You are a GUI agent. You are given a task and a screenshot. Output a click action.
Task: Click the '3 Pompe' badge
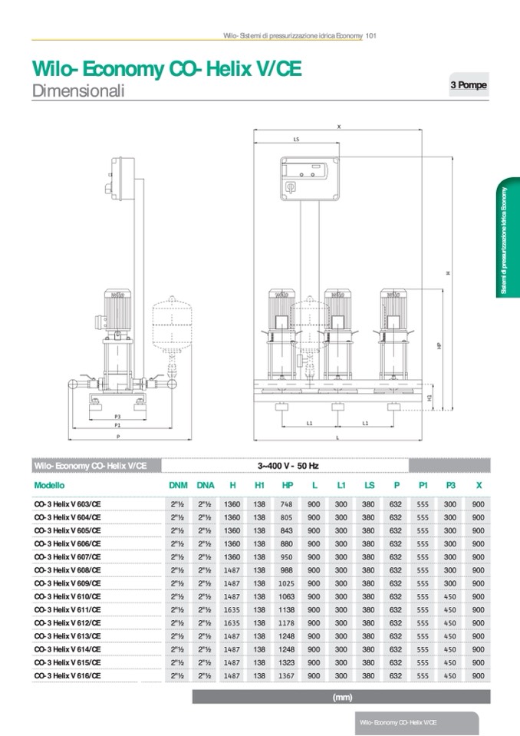pyautogui.click(x=468, y=85)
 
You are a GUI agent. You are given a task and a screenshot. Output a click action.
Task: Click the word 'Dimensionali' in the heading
pyautogui.click(x=78, y=91)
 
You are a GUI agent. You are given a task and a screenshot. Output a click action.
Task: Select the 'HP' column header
pyautogui.click(x=287, y=485)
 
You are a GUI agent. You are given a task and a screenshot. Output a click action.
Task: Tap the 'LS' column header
pyautogui.click(x=369, y=485)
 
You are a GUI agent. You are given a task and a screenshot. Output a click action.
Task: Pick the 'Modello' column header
pyautogui.click(x=50, y=485)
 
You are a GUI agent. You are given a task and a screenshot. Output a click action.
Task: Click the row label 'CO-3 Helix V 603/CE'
pyautogui.click(x=67, y=504)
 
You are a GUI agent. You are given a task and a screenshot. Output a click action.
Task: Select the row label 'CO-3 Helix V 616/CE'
pyautogui.click(x=67, y=675)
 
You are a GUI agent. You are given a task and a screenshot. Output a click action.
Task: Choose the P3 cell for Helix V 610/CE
pyautogui.click(x=450, y=596)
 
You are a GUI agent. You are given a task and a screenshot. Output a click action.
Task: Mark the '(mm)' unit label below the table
pyautogui.click(x=341, y=697)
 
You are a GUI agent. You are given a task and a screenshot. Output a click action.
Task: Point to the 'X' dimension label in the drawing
pyautogui.click(x=338, y=126)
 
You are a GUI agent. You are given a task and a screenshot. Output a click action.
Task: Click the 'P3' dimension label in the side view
pyautogui.click(x=117, y=416)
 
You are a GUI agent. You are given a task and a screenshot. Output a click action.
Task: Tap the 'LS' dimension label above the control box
pyautogui.click(x=296, y=140)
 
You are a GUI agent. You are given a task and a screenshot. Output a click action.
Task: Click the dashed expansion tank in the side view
pyautogui.click(x=166, y=322)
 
